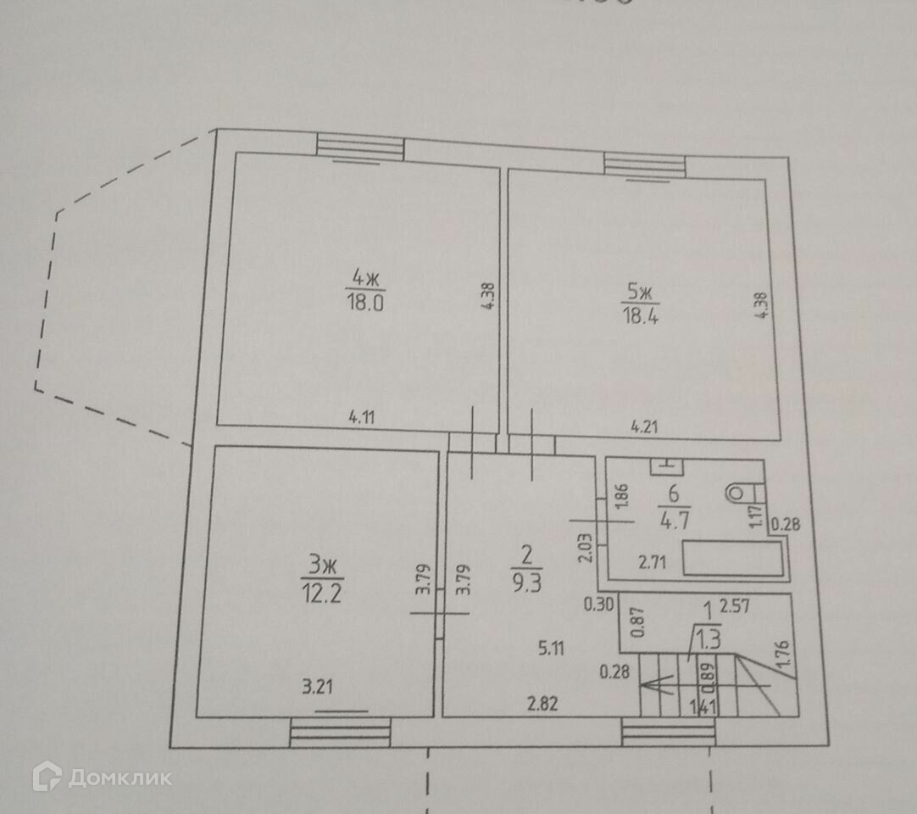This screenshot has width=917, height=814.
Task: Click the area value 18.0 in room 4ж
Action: coord(365,303)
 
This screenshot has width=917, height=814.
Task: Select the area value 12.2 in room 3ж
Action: coord(321,590)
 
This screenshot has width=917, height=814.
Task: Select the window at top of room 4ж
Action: coord(360,147)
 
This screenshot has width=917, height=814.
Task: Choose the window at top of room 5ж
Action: coord(644,164)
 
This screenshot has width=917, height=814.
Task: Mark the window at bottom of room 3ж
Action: coord(340,732)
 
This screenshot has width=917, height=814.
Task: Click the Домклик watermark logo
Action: coord(102,777)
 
